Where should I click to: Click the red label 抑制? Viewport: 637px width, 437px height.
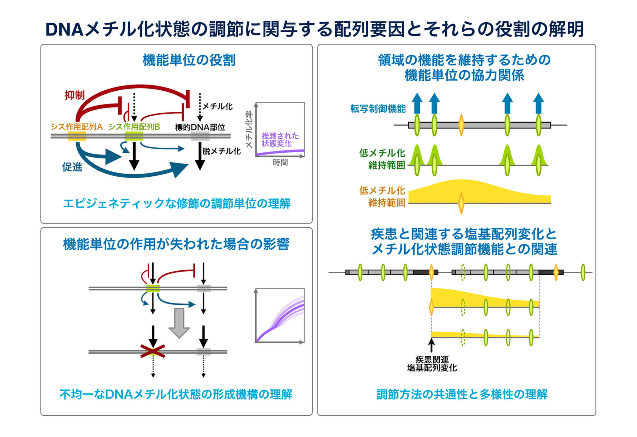coord(74,95)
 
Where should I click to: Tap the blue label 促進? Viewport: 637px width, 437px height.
coord(72,167)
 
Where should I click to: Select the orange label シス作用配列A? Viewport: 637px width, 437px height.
coord(77,127)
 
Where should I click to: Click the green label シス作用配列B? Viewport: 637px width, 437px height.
coord(134,127)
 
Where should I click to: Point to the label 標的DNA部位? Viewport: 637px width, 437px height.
coord(200,127)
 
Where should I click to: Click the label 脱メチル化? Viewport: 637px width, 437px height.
coord(221,151)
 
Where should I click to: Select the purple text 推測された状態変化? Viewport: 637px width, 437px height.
coord(280,140)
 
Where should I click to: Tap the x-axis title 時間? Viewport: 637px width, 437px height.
coord(280,163)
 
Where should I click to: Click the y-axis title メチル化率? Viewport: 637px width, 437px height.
coord(249,129)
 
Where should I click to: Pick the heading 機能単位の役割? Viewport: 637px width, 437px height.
coord(189,60)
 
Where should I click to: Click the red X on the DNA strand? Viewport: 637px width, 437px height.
coord(153,351)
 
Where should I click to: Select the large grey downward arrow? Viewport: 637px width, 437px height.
coord(179,323)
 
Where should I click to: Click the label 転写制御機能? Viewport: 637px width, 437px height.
coord(378,109)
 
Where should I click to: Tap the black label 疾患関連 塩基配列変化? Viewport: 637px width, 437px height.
coord(432,364)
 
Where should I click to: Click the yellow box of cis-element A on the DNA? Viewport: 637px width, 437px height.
coord(77,136)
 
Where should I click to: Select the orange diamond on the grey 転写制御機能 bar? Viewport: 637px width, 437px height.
coord(461,125)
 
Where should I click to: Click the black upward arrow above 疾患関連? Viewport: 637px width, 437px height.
coord(432,346)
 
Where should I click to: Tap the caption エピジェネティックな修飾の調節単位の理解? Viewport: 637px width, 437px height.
coord(177,204)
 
